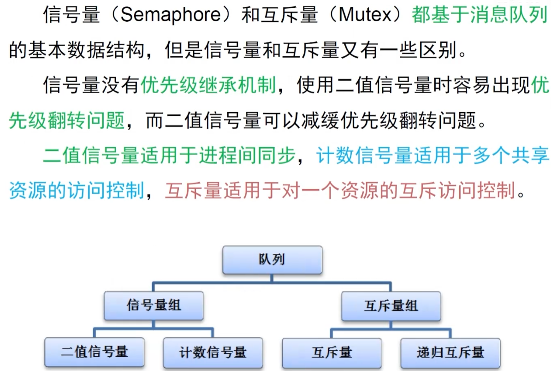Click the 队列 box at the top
click(272, 260)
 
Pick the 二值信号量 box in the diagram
click(95, 353)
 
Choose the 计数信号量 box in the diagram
click(213, 353)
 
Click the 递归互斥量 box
click(450, 353)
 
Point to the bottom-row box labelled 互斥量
click(332, 353)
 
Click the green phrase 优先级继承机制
click(208, 86)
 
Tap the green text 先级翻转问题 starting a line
click(66, 121)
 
